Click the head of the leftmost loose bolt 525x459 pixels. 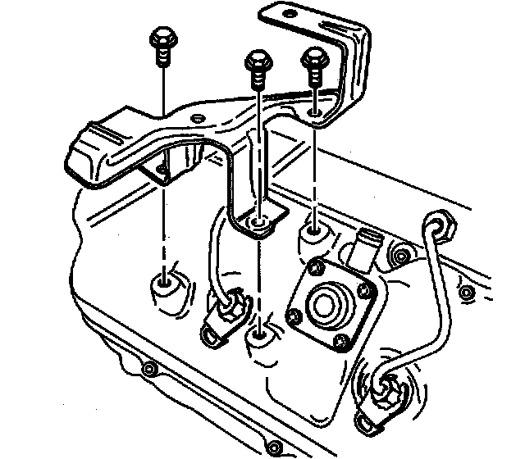click(x=162, y=39)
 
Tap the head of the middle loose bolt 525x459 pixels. click(x=258, y=62)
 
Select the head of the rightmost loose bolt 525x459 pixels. click(x=315, y=58)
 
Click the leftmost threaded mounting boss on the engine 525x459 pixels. click(x=164, y=287)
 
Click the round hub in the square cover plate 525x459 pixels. click(x=329, y=303)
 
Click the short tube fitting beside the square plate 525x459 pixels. click(x=366, y=245)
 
